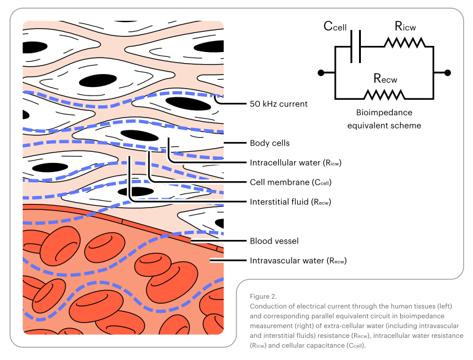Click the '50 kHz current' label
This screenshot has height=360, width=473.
278,104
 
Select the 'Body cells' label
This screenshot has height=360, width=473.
270,143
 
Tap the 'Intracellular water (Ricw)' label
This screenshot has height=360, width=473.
295,163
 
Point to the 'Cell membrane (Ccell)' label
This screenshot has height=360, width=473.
290,182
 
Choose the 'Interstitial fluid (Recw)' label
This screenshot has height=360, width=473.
290,201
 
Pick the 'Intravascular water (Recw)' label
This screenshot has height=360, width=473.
298,261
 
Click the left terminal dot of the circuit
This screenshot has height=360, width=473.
320,73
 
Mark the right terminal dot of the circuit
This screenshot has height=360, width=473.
448,73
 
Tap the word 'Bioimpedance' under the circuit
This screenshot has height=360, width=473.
384,113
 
